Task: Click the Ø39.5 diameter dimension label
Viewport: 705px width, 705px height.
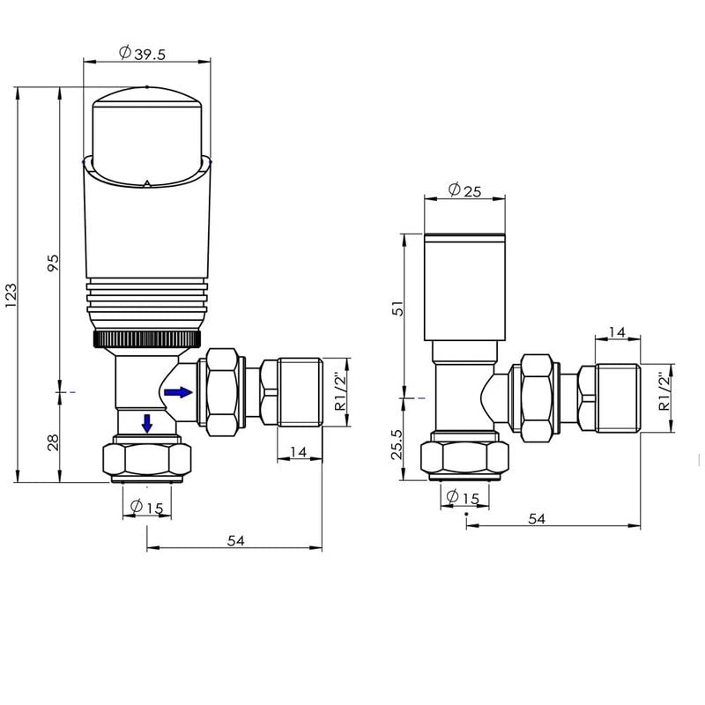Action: click(x=142, y=53)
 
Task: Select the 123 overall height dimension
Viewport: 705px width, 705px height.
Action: click(x=11, y=295)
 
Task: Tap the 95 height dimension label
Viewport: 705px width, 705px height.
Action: click(x=53, y=263)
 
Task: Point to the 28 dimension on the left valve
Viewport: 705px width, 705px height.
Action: click(x=53, y=442)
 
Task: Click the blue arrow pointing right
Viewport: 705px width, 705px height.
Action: click(x=178, y=392)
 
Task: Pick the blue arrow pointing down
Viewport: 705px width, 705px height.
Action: click(x=147, y=424)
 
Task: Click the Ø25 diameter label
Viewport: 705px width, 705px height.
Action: click(x=465, y=190)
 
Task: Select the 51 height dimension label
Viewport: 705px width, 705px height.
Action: click(x=398, y=308)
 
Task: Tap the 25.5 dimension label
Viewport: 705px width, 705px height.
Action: click(x=397, y=444)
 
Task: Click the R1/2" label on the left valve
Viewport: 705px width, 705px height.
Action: click(x=341, y=392)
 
